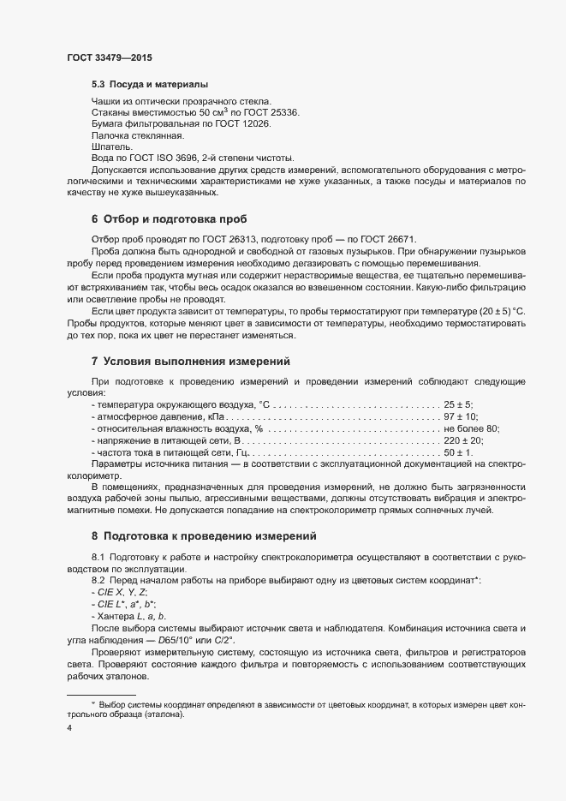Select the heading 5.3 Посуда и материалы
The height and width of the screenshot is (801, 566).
(x=149, y=85)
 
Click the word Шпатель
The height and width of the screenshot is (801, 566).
(x=110, y=146)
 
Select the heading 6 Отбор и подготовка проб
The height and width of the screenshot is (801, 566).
(x=169, y=219)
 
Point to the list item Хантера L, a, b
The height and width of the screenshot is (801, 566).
(x=134, y=616)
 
